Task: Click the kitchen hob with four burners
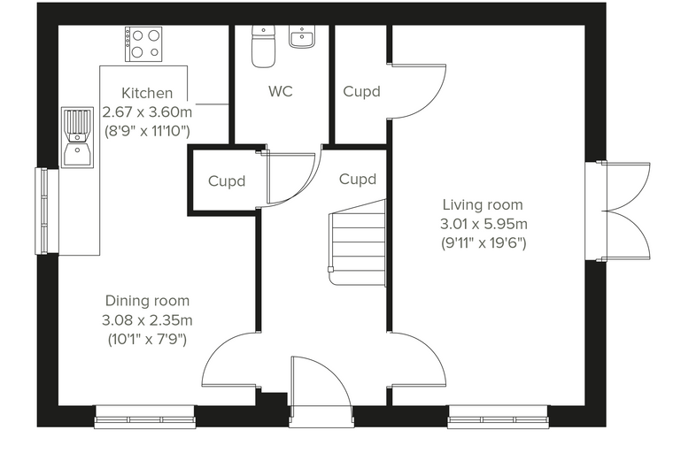(x=143, y=43)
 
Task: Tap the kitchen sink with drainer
(x=77, y=137)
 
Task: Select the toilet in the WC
(x=263, y=46)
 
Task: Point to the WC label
(x=281, y=91)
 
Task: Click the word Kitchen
(x=147, y=93)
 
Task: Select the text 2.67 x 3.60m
(x=147, y=112)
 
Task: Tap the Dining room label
(x=147, y=301)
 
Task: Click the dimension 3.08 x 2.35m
(x=147, y=320)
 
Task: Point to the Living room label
(x=483, y=204)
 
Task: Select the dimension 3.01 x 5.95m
(x=483, y=224)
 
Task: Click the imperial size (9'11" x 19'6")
(x=483, y=243)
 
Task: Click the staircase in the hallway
(x=357, y=242)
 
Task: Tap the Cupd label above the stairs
(x=358, y=179)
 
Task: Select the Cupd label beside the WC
(x=362, y=91)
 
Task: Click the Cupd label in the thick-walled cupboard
(x=227, y=181)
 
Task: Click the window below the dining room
(x=145, y=417)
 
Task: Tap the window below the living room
(x=499, y=417)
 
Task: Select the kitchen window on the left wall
(x=47, y=211)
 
